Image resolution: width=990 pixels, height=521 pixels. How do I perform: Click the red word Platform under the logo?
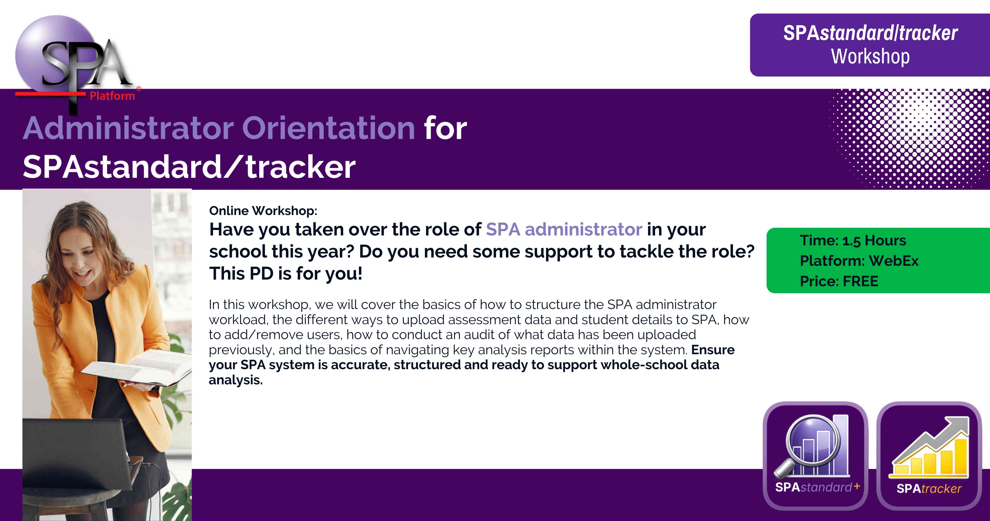112,96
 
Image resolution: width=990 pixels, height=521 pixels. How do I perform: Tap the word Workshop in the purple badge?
871,57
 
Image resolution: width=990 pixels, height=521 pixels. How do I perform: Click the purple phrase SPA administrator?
564,229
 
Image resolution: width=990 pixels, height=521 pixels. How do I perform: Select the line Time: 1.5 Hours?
853,241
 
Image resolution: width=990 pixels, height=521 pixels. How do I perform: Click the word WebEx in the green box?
894,261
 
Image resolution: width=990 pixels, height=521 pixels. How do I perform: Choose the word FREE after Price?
860,281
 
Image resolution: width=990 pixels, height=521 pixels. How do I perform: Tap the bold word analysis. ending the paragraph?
235,380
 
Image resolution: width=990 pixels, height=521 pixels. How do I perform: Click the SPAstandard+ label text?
817,487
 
